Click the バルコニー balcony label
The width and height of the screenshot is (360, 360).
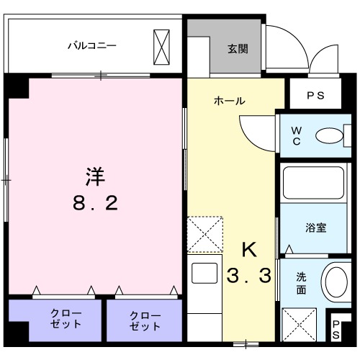[x=92, y=45]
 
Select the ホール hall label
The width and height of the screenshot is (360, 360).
[x=229, y=101]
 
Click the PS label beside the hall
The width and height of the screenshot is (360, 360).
[x=316, y=94]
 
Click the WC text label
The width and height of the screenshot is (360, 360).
[x=295, y=135]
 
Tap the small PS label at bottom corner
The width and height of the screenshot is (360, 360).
[x=336, y=329]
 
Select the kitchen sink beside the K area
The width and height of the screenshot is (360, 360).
[x=204, y=274]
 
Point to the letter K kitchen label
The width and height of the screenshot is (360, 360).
[x=248, y=249]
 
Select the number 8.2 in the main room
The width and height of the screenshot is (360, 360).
[x=96, y=204]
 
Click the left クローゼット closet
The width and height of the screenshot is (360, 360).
[x=55, y=319]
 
